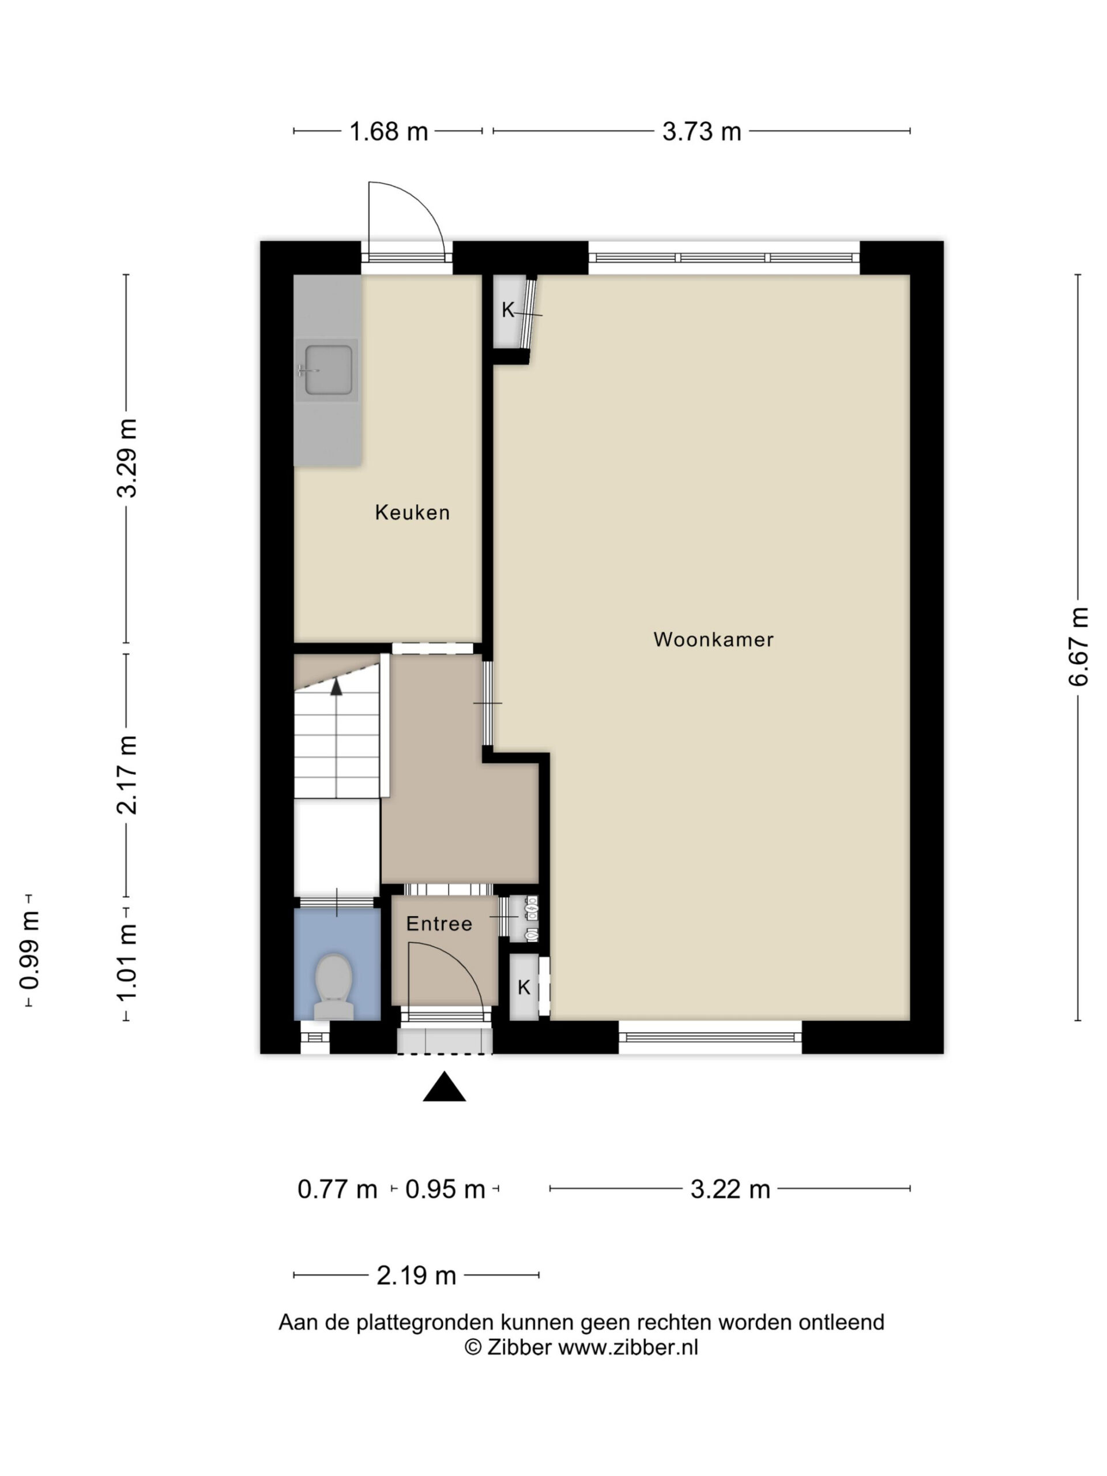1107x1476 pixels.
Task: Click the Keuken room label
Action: point(412,513)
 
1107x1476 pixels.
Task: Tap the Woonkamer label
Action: point(713,639)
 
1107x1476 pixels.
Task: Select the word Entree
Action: point(439,924)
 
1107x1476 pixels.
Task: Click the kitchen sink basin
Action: point(328,370)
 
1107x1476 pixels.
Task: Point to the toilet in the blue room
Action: point(334,986)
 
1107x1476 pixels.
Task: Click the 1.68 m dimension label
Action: point(389,131)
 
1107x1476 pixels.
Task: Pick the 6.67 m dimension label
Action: point(1078,646)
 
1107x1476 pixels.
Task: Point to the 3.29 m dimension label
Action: point(127,458)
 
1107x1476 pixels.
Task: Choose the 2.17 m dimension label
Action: point(127,775)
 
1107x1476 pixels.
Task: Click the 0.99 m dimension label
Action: point(29,950)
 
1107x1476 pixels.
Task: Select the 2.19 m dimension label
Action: point(416,1275)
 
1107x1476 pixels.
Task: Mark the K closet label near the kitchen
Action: point(509,310)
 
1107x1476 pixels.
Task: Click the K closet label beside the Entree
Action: point(524,987)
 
